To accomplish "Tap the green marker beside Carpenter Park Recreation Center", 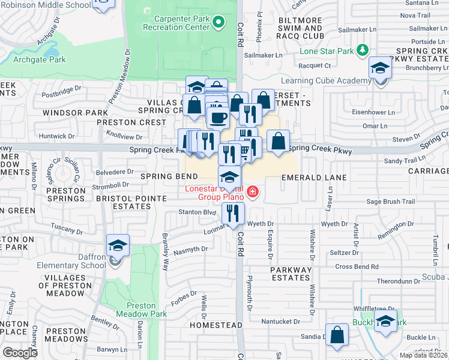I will (219, 23).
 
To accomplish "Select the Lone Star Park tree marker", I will (362, 50).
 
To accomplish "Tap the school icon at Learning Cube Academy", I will (380, 70).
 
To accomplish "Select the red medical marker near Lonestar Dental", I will (253, 192).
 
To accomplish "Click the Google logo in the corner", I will (20, 352).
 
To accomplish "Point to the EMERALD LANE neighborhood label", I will (315, 178).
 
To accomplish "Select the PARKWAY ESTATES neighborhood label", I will (291, 274).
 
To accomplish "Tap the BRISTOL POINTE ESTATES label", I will (123, 202).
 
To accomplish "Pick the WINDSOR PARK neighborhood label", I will (75, 112).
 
